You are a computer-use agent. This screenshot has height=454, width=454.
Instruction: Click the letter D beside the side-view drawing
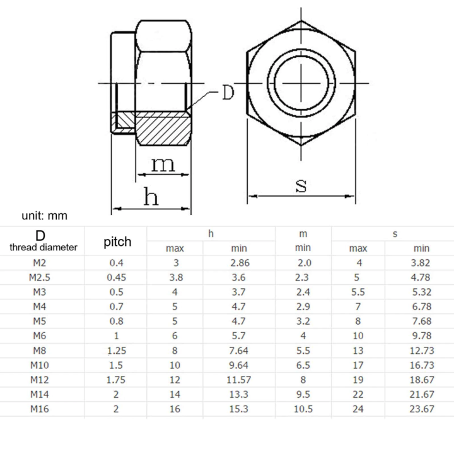point(226,93)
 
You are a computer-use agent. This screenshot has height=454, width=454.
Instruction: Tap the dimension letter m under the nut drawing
point(162,165)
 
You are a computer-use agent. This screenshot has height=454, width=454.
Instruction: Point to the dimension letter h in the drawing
point(151,197)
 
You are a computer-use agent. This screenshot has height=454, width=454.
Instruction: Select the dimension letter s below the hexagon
point(301,185)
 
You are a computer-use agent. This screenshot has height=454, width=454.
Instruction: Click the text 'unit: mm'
point(44,216)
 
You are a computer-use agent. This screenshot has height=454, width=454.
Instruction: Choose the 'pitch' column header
point(117,242)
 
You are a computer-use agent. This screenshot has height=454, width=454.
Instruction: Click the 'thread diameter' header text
point(44,247)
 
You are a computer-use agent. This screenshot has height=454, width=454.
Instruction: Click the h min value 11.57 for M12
point(242,380)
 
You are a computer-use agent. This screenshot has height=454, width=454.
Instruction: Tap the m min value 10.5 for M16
point(303,409)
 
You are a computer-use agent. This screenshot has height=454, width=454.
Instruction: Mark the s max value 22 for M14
point(358,394)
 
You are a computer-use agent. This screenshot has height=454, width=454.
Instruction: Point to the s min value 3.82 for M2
point(421,263)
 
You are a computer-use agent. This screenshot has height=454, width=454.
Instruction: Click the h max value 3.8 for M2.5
point(175,277)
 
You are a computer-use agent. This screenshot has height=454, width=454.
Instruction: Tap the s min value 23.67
point(421,409)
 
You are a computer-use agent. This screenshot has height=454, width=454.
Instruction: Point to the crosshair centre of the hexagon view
point(301,84)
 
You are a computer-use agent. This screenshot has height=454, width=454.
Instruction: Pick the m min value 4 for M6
point(303,335)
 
